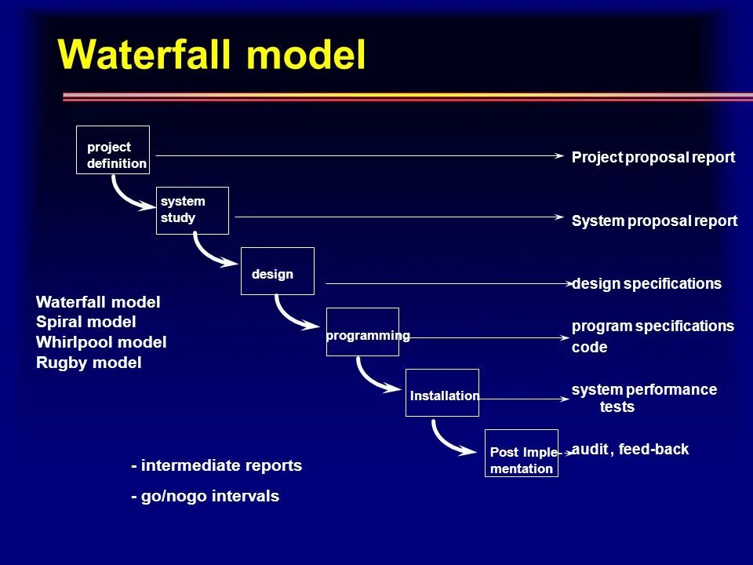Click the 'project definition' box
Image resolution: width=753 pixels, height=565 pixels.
113,150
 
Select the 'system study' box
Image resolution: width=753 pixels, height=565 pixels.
193,210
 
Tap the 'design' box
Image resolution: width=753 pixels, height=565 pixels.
277,271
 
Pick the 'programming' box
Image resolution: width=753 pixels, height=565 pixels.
362,332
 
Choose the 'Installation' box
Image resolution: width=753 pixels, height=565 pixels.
442,392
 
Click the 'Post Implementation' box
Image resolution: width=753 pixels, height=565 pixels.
522,454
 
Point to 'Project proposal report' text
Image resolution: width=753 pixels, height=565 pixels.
653,157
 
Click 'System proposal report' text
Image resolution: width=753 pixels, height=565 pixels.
654,221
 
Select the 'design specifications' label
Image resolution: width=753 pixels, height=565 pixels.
646,283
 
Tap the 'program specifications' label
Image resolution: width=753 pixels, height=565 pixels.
653,326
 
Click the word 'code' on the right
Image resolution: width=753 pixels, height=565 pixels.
589,347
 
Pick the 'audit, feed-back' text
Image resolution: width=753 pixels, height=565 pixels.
630,450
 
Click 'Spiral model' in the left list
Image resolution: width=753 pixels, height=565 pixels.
86,322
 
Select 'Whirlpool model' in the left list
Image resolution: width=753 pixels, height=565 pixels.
101,342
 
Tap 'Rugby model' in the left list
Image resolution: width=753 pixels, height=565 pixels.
89,363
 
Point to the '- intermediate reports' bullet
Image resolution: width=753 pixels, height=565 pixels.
216,465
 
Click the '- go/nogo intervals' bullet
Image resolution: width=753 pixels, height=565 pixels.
205,496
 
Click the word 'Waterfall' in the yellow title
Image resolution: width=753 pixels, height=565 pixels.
145,55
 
